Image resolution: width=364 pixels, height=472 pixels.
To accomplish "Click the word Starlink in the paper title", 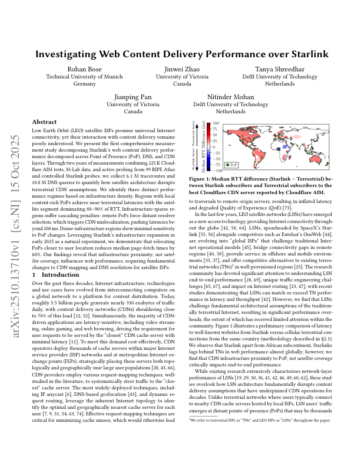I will [309, 54].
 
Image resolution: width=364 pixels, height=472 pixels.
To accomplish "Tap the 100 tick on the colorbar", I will [216, 124].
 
